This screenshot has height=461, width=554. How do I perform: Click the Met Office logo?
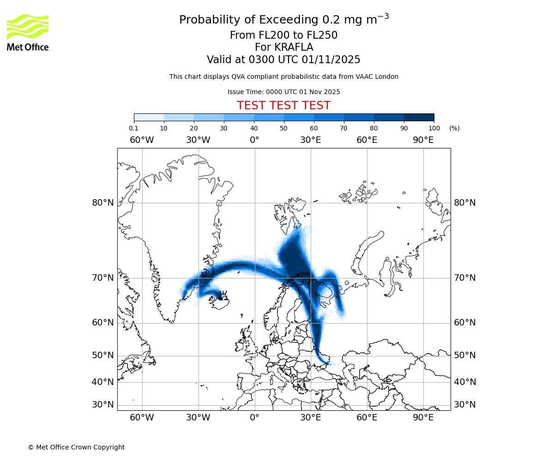[x=28, y=32]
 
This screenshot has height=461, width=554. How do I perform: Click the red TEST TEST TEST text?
[x=283, y=106]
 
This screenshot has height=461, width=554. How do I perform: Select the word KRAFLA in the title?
[x=294, y=47]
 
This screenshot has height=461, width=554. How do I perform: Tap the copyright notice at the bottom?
[x=76, y=447]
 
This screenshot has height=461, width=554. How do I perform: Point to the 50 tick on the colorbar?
[x=283, y=128]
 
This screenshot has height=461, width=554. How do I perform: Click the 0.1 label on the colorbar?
[x=133, y=128]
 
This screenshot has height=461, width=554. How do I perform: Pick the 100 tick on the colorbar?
[x=434, y=128]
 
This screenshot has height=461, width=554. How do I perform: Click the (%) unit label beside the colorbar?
[x=454, y=128]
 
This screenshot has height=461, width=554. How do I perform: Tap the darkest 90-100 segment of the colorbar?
[x=419, y=117]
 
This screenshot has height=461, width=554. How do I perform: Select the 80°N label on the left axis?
[x=102, y=203]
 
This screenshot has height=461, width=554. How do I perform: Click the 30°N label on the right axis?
[x=465, y=405]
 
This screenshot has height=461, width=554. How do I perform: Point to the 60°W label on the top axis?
[x=142, y=140]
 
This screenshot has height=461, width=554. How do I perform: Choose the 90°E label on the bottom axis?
[x=423, y=418]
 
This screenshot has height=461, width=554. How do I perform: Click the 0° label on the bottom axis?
[x=255, y=418]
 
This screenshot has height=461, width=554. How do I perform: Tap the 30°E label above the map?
[x=311, y=140]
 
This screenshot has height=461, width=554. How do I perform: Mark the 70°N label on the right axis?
[x=465, y=278]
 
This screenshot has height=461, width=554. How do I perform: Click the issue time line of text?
[x=283, y=92]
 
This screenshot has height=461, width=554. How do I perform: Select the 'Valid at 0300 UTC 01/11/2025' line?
[x=283, y=60]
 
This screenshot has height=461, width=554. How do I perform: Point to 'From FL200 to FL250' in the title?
[x=283, y=35]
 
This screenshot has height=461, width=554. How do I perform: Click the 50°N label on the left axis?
[x=102, y=355]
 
